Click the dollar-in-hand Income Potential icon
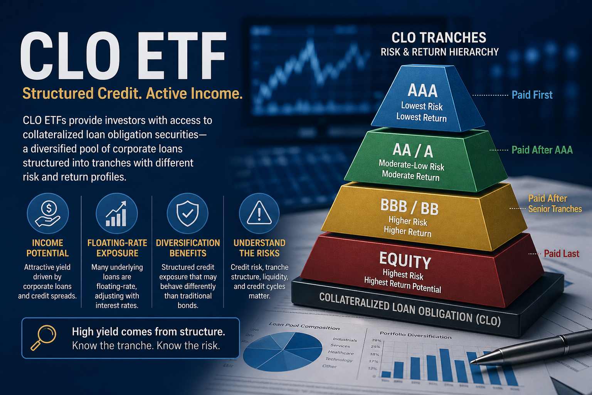click(x=48, y=214)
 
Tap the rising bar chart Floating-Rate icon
click(x=116, y=214)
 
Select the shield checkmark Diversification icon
click(x=187, y=214)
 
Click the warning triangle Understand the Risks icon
click(x=259, y=214)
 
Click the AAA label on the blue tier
click(x=422, y=91)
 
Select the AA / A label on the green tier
click(x=413, y=150)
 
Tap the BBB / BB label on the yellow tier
click(x=409, y=208)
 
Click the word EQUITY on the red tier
click(x=405, y=261)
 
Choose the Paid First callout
click(x=532, y=95)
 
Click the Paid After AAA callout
click(x=542, y=150)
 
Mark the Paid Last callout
click(x=561, y=254)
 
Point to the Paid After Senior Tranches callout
click(x=554, y=204)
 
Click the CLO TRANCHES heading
click(x=439, y=38)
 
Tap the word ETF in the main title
click(x=178, y=57)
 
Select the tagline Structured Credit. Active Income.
click(x=133, y=94)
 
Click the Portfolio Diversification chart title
click(x=415, y=335)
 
